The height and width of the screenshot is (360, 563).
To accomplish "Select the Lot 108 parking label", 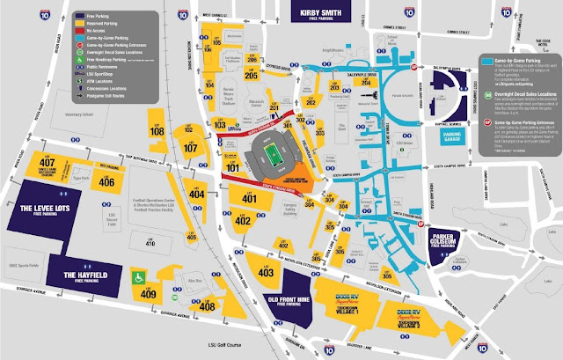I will pos(157,133).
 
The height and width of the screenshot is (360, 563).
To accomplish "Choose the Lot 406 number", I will pos(106,182).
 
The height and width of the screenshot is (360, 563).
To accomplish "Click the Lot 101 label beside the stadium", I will pos(232,166).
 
